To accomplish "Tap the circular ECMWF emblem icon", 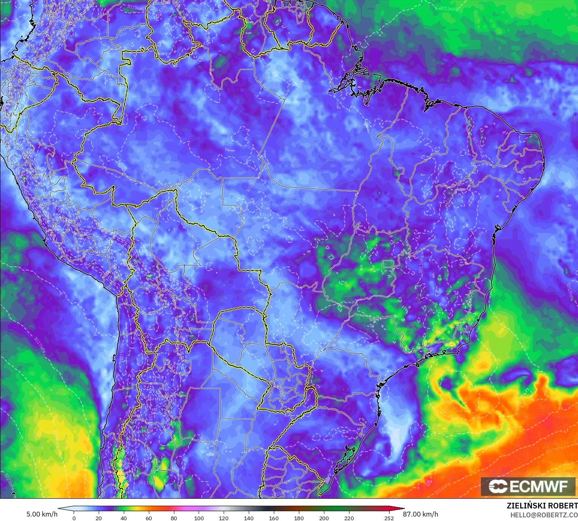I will point(498,486).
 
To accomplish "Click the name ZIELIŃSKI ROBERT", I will point(542,506).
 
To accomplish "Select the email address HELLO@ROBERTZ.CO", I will point(544,515).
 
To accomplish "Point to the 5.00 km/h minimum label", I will point(42,514).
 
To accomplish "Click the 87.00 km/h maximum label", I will point(421,514).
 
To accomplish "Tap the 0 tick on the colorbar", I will point(74,518).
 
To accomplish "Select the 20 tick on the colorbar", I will point(99,518).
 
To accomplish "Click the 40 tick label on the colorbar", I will point(124,518).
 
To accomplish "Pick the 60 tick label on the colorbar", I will point(149,518).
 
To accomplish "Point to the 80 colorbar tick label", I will point(174,518).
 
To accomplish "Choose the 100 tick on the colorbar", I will point(199,518).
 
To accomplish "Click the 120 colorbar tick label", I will point(224,518).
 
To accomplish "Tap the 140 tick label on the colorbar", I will point(249,518).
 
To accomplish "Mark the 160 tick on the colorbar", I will point(274,518).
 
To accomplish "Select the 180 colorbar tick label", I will point(299,518).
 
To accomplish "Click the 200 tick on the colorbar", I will point(324,518).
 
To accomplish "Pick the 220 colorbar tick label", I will point(349,518).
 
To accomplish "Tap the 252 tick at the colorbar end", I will point(389,518).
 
